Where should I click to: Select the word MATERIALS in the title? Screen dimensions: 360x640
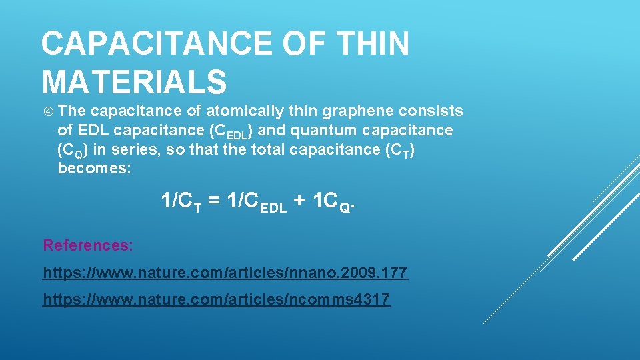pos(134,81)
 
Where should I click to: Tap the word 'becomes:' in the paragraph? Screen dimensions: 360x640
pos(95,168)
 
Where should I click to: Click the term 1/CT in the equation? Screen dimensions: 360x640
pos(181,201)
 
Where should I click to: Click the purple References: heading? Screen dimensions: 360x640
pos(88,245)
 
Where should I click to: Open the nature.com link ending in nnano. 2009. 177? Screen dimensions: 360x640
pos(225,273)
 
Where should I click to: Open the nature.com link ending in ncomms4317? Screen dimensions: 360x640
pos(216,300)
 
